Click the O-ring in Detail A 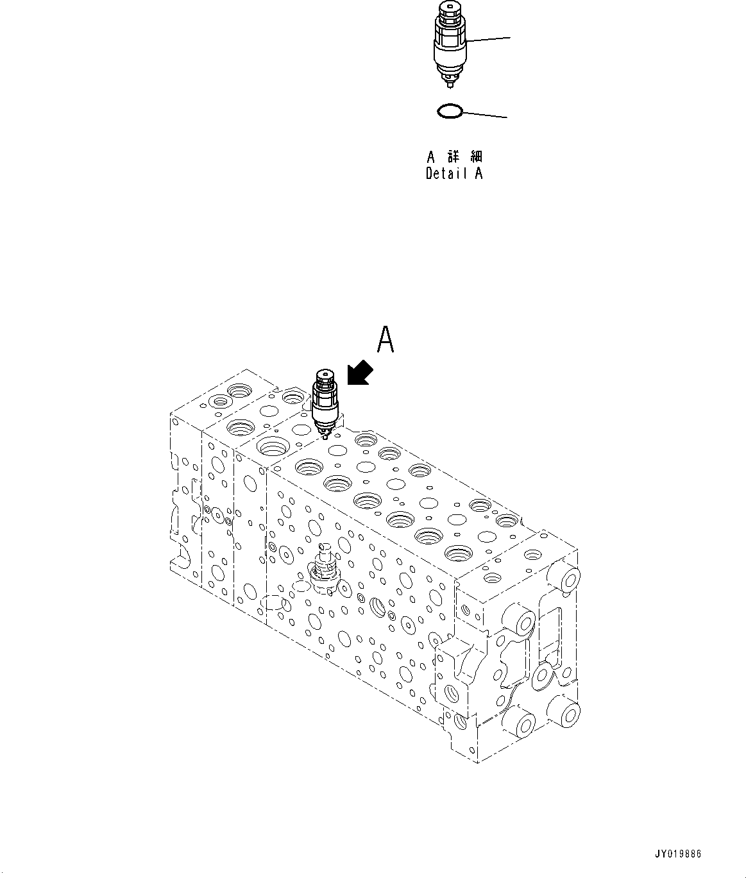pyautogui.click(x=449, y=112)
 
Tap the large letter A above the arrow pyautogui.click(x=385, y=340)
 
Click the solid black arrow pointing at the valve pyautogui.click(x=360, y=373)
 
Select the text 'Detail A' pyautogui.click(x=454, y=173)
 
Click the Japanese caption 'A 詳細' pyautogui.click(x=455, y=157)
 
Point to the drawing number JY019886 pyautogui.click(x=678, y=854)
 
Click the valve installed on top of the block pyautogui.click(x=325, y=403)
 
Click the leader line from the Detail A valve pyautogui.click(x=489, y=39)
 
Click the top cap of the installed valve pyautogui.click(x=324, y=376)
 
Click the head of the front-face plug pyautogui.click(x=325, y=548)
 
